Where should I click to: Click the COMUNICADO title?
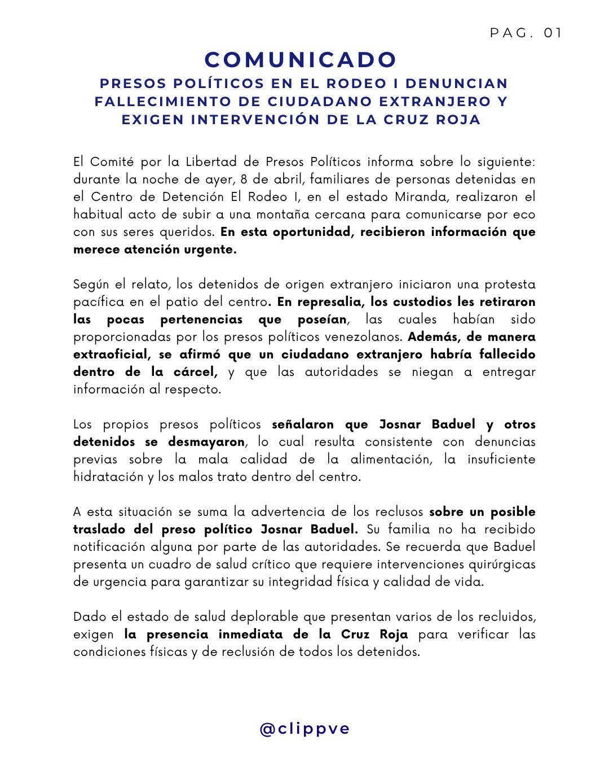point(301,60)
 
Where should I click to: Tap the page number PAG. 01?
point(526,33)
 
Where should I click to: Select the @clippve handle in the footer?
point(304,729)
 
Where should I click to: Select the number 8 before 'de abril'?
point(244,179)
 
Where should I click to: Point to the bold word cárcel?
point(193,372)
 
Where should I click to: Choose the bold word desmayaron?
point(206,442)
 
